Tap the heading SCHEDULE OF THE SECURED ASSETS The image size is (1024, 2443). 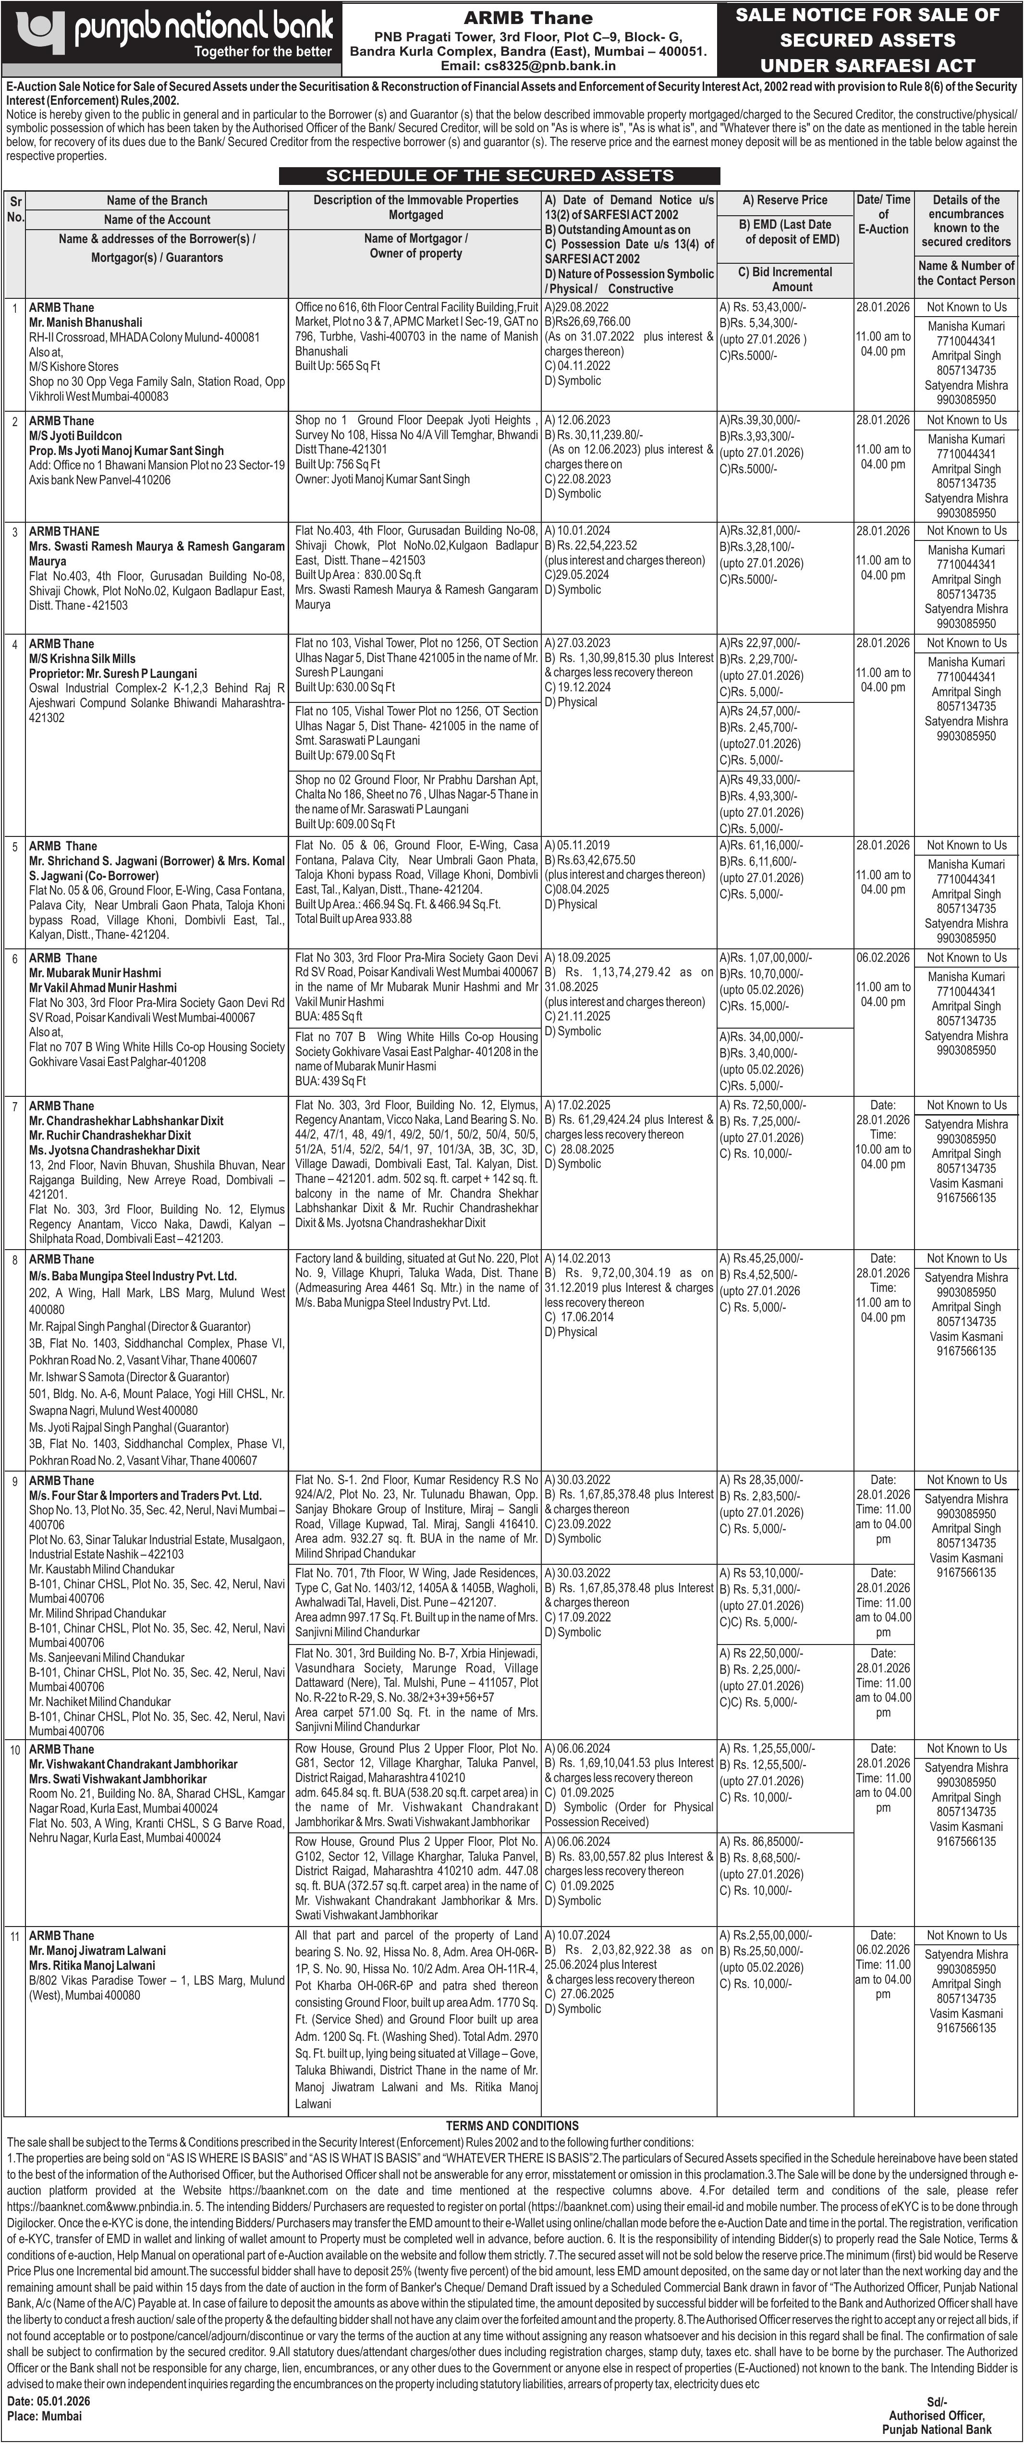pos(500,175)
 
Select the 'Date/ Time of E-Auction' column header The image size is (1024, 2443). pos(883,214)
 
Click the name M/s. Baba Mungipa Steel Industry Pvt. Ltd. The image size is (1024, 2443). pos(133,1276)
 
